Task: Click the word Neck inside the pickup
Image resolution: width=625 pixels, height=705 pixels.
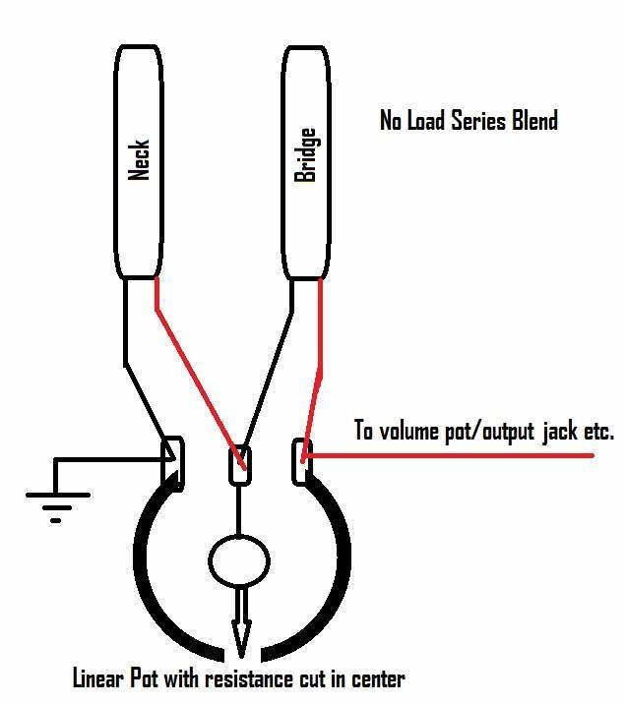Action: (x=139, y=159)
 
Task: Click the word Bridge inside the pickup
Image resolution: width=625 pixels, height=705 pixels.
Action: (x=305, y=154)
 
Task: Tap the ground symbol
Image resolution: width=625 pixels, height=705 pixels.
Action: (x=58, y=507)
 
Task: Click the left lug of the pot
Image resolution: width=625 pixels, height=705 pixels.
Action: (x=173, y=463)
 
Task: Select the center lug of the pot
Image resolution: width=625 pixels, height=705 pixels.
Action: (x=240, y=465)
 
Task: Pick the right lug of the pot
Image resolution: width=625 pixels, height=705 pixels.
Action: (x=301, y=462)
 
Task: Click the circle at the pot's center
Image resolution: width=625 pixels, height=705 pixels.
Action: (x=239, y=561)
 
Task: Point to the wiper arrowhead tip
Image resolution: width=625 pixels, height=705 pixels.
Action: (x=241, y=658)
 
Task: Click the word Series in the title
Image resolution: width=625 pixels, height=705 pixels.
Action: (x=478, y=121)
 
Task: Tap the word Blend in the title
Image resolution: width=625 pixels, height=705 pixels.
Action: (x=535, y=121)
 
